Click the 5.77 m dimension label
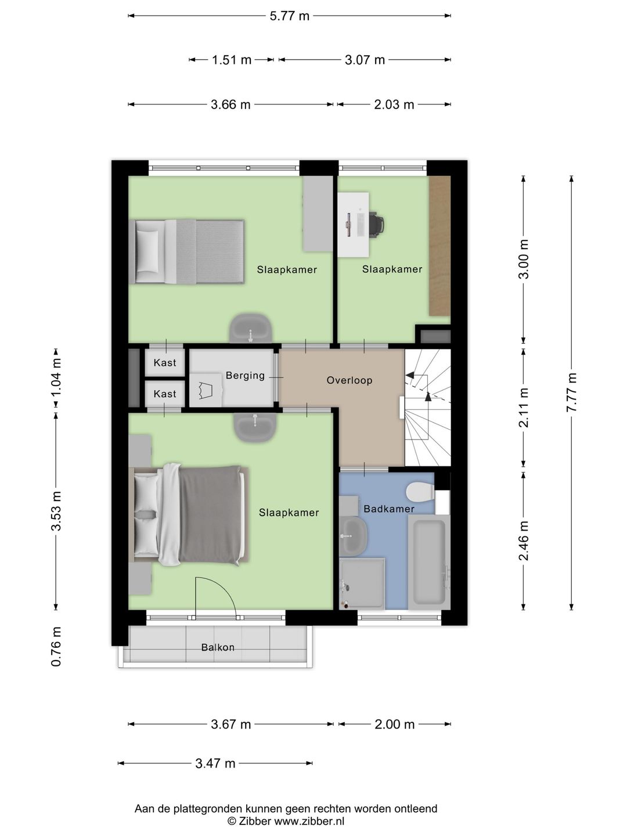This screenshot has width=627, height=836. (289, 16)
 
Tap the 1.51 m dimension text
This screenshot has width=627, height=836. (232, 60)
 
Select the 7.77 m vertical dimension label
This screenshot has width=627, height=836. (572, 392)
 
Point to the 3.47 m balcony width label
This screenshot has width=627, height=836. (215, 763)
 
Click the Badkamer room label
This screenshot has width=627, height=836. (389, 509)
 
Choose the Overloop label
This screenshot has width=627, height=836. (349, 380)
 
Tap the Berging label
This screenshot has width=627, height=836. (245, 376)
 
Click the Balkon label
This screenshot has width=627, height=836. (218, 647)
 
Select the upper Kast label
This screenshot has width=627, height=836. (165, 363)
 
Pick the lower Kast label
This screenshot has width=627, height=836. (165, 394)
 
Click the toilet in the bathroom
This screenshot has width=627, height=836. (420, 492)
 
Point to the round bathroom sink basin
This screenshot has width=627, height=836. (353, 536)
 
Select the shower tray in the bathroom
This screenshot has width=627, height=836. (362, 584)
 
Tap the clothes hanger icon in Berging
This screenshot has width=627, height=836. (206, 390)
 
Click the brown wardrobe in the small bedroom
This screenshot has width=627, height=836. (439, 246)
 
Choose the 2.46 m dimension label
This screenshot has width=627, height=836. (524, 540)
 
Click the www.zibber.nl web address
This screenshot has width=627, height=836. (309, 821)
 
